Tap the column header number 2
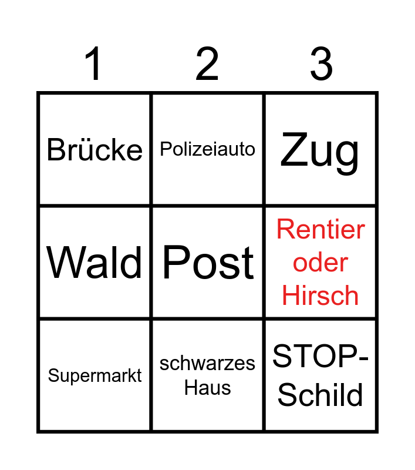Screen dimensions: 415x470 207,63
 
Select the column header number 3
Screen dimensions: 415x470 321,63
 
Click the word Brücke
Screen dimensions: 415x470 95,150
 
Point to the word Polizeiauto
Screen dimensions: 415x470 208,149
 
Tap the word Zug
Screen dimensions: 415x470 319,153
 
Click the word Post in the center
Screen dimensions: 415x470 208,262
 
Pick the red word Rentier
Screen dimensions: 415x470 320,229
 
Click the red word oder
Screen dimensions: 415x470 320,263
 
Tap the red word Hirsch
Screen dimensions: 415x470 320,296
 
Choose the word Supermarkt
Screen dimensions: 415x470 95,376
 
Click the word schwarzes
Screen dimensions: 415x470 207,364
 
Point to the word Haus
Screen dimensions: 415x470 208,388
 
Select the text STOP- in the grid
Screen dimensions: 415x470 320,356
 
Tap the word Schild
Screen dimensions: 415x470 320,395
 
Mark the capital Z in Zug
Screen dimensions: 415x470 294,149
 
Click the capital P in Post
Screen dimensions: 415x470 176,261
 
